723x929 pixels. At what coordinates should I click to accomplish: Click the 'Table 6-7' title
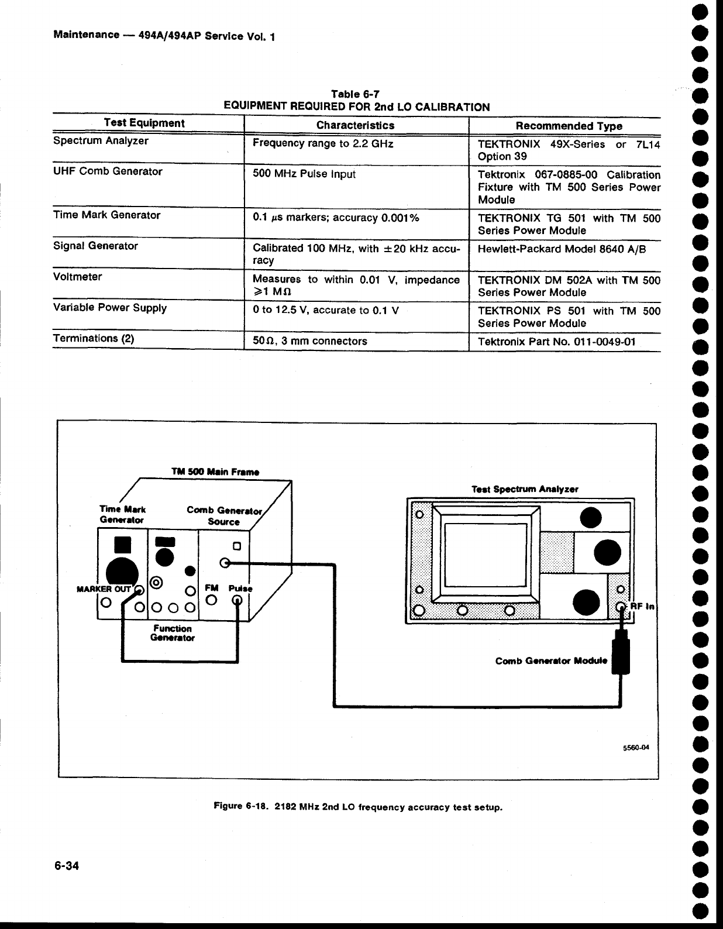pos(356,94)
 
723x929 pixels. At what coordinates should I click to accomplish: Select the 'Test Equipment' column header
pos(144,123)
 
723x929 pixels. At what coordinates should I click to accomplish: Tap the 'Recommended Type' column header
pos(569,126)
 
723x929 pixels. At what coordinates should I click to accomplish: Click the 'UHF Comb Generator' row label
pos(108,171)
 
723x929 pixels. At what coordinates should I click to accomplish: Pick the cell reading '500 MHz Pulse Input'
pos(304,174)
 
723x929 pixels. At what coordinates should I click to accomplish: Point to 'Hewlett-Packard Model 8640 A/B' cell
pos(562,249)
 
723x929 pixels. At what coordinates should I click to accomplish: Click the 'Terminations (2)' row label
pos(94,338)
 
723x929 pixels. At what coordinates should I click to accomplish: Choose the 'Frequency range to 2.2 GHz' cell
pos(323,143)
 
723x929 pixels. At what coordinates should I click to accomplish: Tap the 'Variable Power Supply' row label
pos(110,308)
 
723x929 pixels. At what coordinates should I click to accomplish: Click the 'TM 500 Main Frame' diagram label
pos(215,472)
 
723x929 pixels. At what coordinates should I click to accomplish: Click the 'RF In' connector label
pos(642,607)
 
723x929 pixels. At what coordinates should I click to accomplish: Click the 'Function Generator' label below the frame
pos(172,634)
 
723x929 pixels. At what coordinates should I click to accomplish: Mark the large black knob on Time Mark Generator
pos(122,573)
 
